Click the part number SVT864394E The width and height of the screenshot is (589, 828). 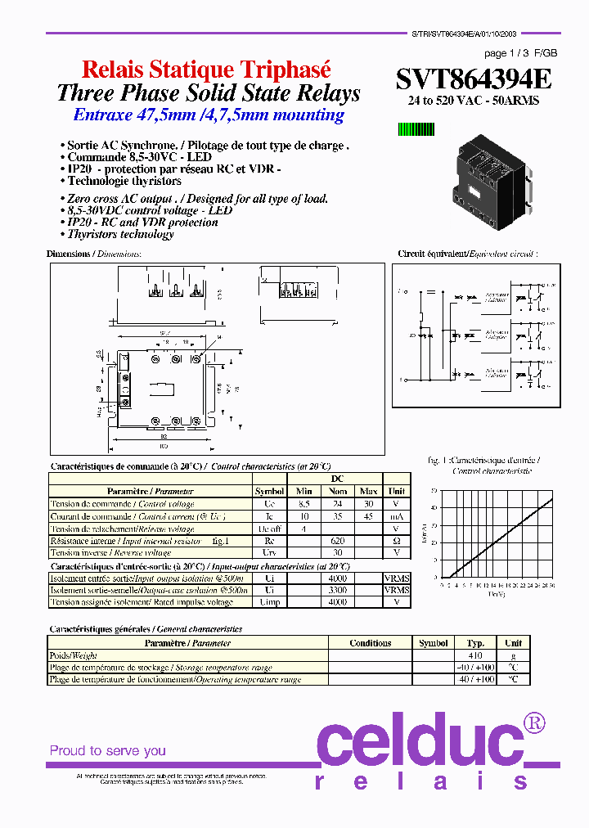point(474,79)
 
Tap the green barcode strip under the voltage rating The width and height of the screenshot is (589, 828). point(416,128)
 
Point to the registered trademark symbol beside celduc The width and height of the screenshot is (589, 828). point(534,722)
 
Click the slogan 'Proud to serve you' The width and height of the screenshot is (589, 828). point(107,750)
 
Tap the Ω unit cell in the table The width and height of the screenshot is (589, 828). point(397,541)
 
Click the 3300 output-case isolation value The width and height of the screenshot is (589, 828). point(337,590)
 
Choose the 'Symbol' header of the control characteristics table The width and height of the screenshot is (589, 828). point(269,492)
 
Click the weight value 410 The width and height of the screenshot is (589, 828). point(474,655)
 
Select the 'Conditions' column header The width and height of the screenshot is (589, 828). point(370,643)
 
